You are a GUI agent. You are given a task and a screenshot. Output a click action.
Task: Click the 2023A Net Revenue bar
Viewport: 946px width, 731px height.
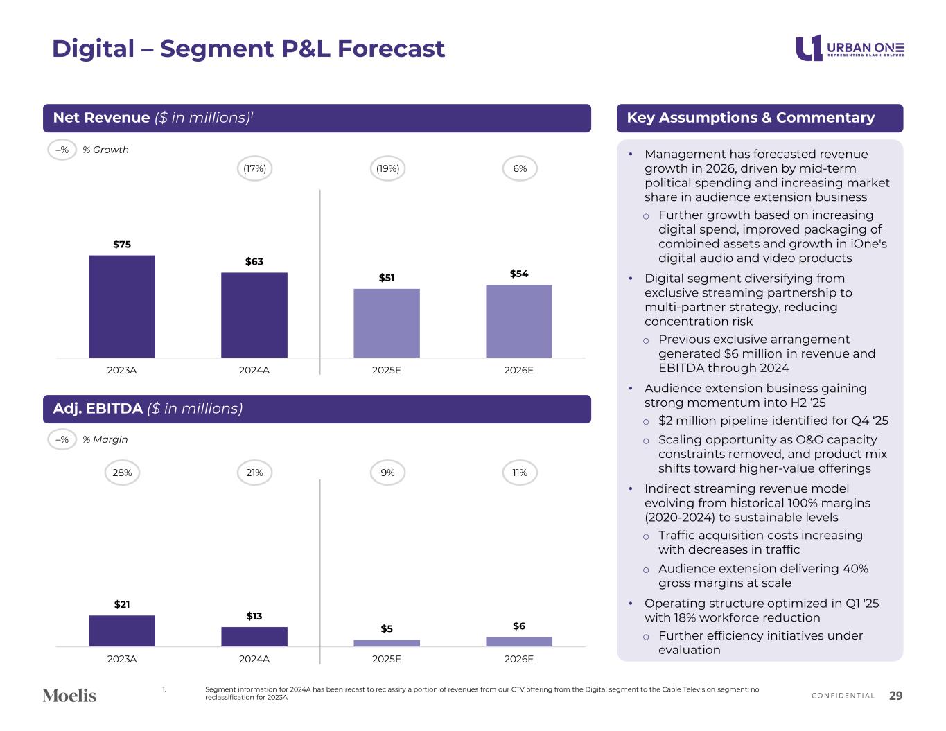coord(122,306)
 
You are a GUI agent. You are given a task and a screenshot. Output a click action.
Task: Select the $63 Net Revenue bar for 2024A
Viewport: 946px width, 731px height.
coord(254,315)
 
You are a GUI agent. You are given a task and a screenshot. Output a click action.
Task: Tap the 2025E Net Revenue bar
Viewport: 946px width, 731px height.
coord(387,323)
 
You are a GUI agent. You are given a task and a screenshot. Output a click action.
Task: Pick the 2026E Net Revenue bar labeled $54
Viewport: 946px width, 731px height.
coord(519,321)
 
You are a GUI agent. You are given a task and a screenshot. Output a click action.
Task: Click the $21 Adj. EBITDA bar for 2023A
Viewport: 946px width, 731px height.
coord(122,631)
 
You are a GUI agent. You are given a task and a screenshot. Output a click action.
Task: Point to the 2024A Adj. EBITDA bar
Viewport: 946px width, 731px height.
coord(254,636)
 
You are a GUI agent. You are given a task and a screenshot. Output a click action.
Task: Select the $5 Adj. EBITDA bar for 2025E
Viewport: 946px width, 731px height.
coord(387,643)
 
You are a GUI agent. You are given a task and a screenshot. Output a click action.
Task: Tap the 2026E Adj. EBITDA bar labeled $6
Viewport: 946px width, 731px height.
coord(519,642)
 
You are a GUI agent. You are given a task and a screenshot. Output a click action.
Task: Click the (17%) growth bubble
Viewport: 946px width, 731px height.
coord(254,168)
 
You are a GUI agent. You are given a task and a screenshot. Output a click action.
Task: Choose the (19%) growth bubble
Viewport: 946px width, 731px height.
coord(387,168)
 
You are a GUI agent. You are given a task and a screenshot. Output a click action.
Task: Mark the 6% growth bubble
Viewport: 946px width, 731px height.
coord(520,168)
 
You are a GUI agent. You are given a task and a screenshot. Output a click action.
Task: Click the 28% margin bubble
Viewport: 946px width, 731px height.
coord(122,473)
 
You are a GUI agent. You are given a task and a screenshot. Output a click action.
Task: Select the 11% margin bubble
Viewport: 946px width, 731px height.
coord(520,473)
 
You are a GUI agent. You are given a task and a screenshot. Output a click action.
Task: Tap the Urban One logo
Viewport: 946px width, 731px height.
coord(850,48)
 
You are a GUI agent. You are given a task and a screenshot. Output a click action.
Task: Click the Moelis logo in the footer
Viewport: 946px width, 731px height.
coord(69,695)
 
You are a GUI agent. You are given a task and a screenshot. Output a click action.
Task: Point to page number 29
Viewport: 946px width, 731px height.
coord(895,696)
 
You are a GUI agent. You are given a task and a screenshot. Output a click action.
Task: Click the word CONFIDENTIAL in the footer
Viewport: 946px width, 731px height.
coord(843,696)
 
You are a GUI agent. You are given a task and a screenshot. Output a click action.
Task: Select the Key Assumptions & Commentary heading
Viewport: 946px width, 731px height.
coord(751,118)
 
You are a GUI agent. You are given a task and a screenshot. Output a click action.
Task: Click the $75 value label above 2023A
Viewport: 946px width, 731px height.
coord(122,244)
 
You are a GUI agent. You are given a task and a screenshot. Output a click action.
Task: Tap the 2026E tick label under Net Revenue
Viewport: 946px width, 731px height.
coord(519,370)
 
